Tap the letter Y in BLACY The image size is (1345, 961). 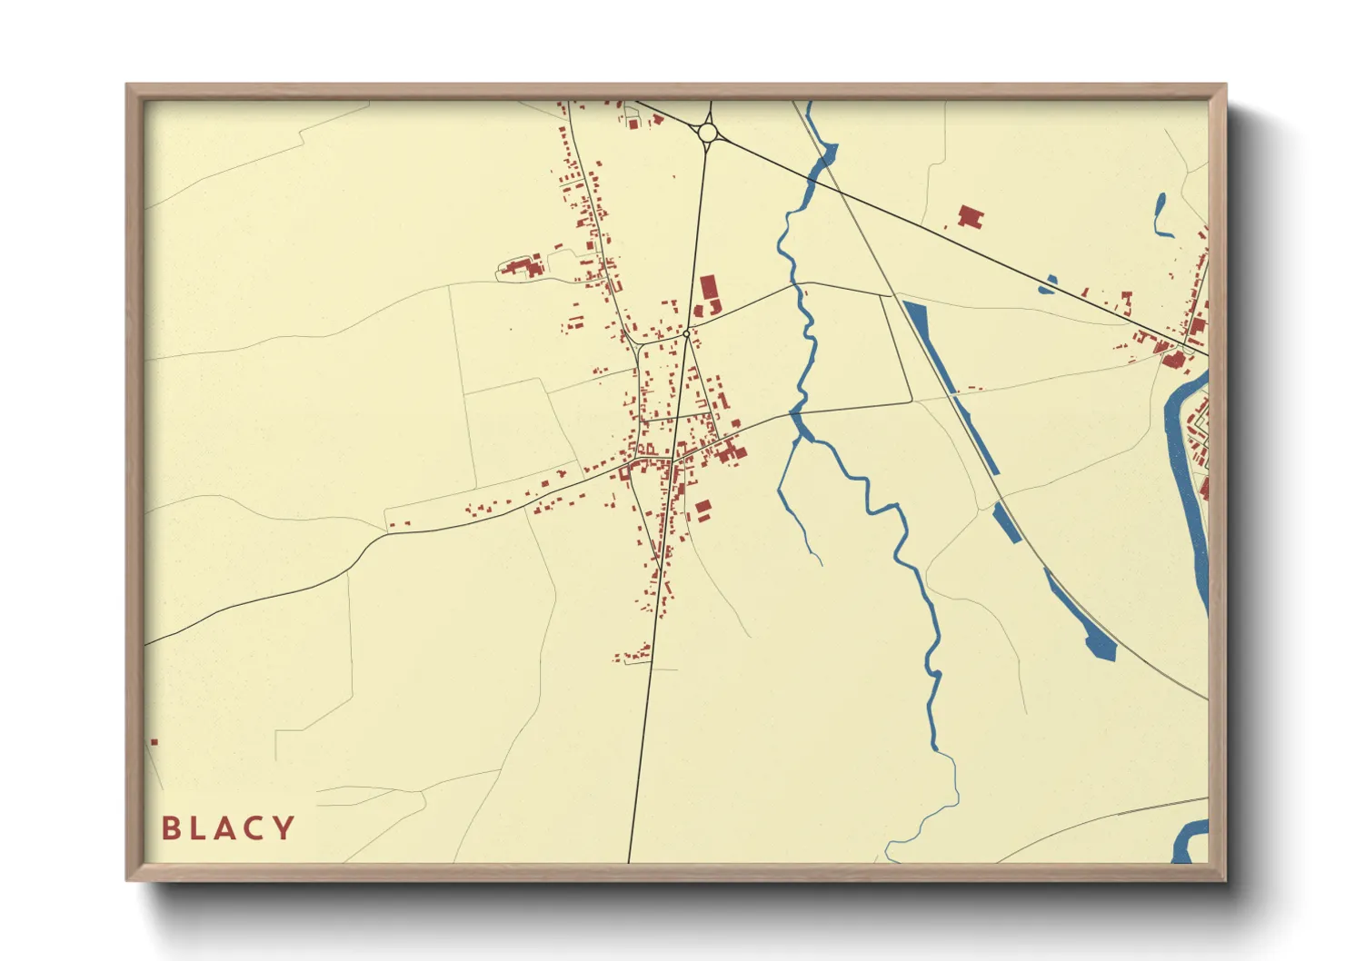click(284, 827)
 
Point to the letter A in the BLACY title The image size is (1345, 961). click(224, 827)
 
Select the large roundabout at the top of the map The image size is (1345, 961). click(708, 134)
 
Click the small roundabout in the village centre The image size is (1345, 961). click(686, 334)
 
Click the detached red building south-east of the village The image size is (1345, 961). click(702, 510)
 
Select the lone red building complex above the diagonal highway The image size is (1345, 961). click(971, 217)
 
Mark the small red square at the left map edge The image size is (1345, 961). click(154, 742)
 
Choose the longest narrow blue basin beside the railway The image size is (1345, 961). click(950, 386)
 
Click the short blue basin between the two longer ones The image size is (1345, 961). click(1007, 523)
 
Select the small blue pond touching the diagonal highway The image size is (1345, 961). click(1048, 285)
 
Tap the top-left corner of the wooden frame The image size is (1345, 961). click(128, 86)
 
